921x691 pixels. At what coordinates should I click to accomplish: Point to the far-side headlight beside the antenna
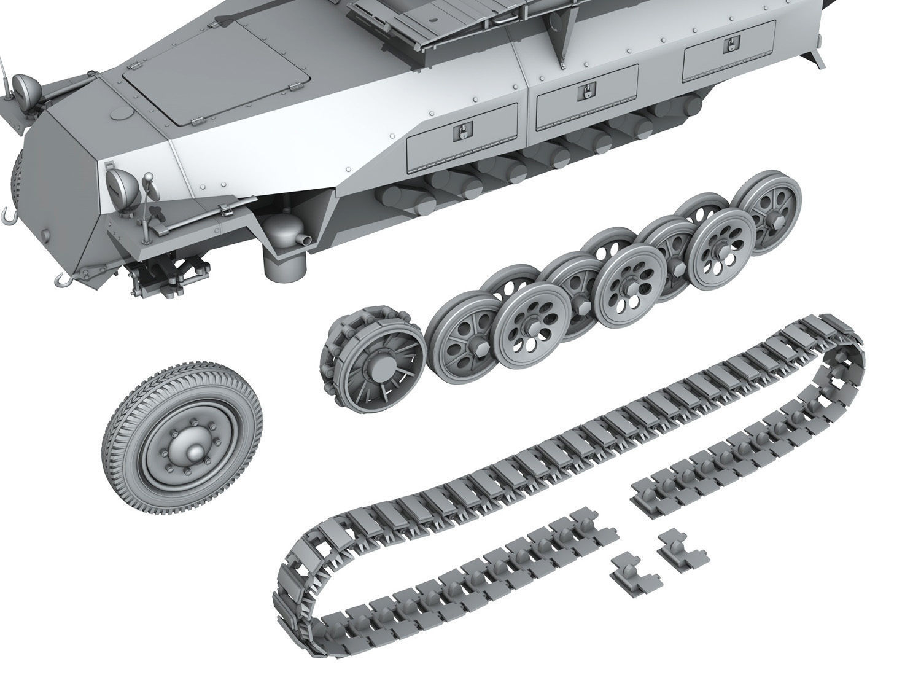pyautogui.click(x=26, y=84)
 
